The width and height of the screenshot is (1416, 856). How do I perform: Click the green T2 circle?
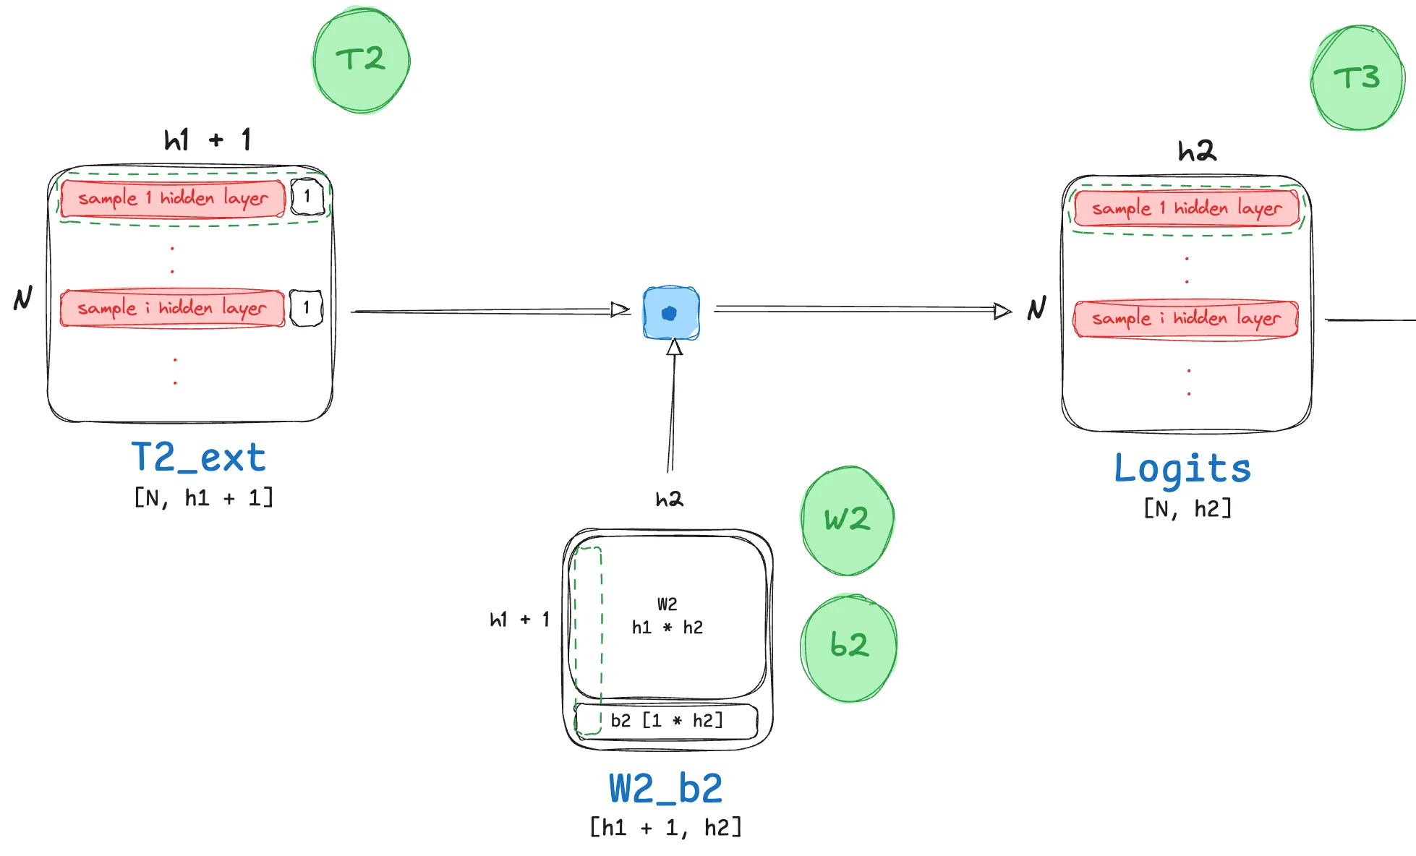[362, 60]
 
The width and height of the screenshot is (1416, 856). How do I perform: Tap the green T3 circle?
[1357, 78]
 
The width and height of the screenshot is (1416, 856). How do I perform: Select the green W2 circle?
[848, 520]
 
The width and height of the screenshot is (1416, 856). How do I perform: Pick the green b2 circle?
[849, 646]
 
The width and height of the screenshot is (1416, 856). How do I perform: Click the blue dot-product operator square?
[671, 313]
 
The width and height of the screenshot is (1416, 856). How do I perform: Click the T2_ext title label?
[199, 458]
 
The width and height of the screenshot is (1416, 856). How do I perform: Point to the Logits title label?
[1182, 468]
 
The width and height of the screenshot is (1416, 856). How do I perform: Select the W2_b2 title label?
[665, 788]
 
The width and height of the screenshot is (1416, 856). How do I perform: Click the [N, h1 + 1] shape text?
[204, 498]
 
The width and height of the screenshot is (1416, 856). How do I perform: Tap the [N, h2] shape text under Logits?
[1187, 509]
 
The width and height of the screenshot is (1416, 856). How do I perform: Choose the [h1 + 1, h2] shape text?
[665, 827]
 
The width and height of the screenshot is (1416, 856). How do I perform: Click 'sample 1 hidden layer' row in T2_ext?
[173, 199]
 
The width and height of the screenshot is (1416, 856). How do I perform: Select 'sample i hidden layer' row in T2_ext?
[172, 309]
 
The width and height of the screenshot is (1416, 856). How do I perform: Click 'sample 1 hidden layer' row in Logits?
[1187, 209]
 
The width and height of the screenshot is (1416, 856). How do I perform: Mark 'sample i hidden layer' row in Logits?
[1186, 319]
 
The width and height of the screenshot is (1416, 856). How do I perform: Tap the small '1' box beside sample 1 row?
[307, 197]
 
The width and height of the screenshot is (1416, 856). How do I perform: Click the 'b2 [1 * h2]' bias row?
[667, 721]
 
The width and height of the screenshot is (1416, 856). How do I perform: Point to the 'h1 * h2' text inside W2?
[667, 628]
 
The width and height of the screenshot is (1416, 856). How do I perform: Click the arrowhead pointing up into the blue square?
[675, 348]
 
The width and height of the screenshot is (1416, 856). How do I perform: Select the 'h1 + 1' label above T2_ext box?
[208, 140]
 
